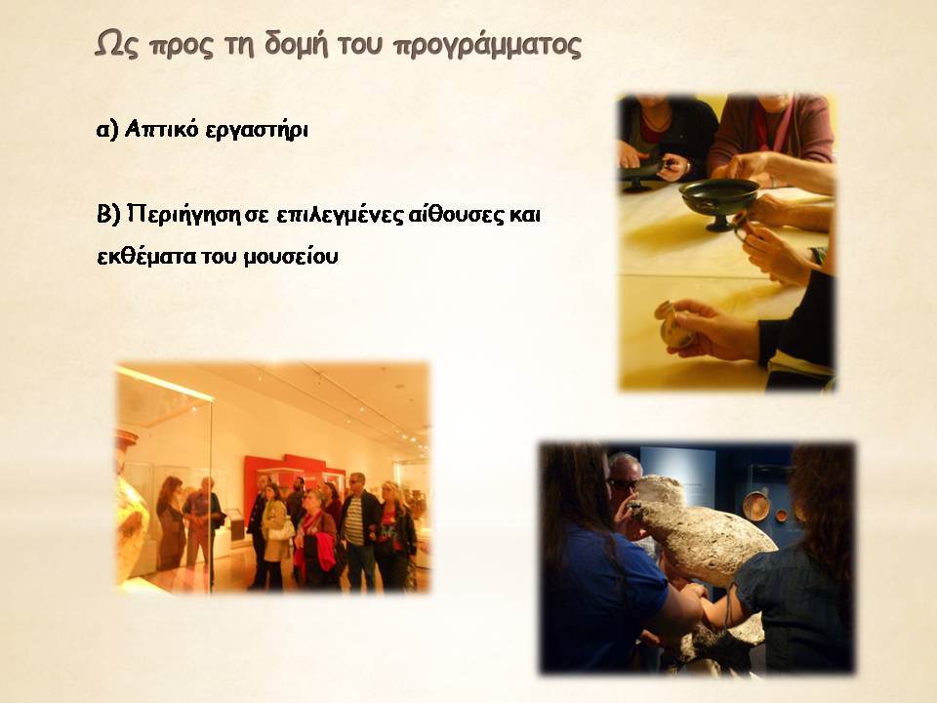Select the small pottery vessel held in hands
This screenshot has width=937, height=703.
click(x=673, y=326)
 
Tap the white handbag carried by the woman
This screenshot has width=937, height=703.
click(x=282, y=529)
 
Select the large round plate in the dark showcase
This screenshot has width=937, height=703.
click(x=755, y=506)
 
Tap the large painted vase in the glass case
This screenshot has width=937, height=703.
click(x=132, y=507)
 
